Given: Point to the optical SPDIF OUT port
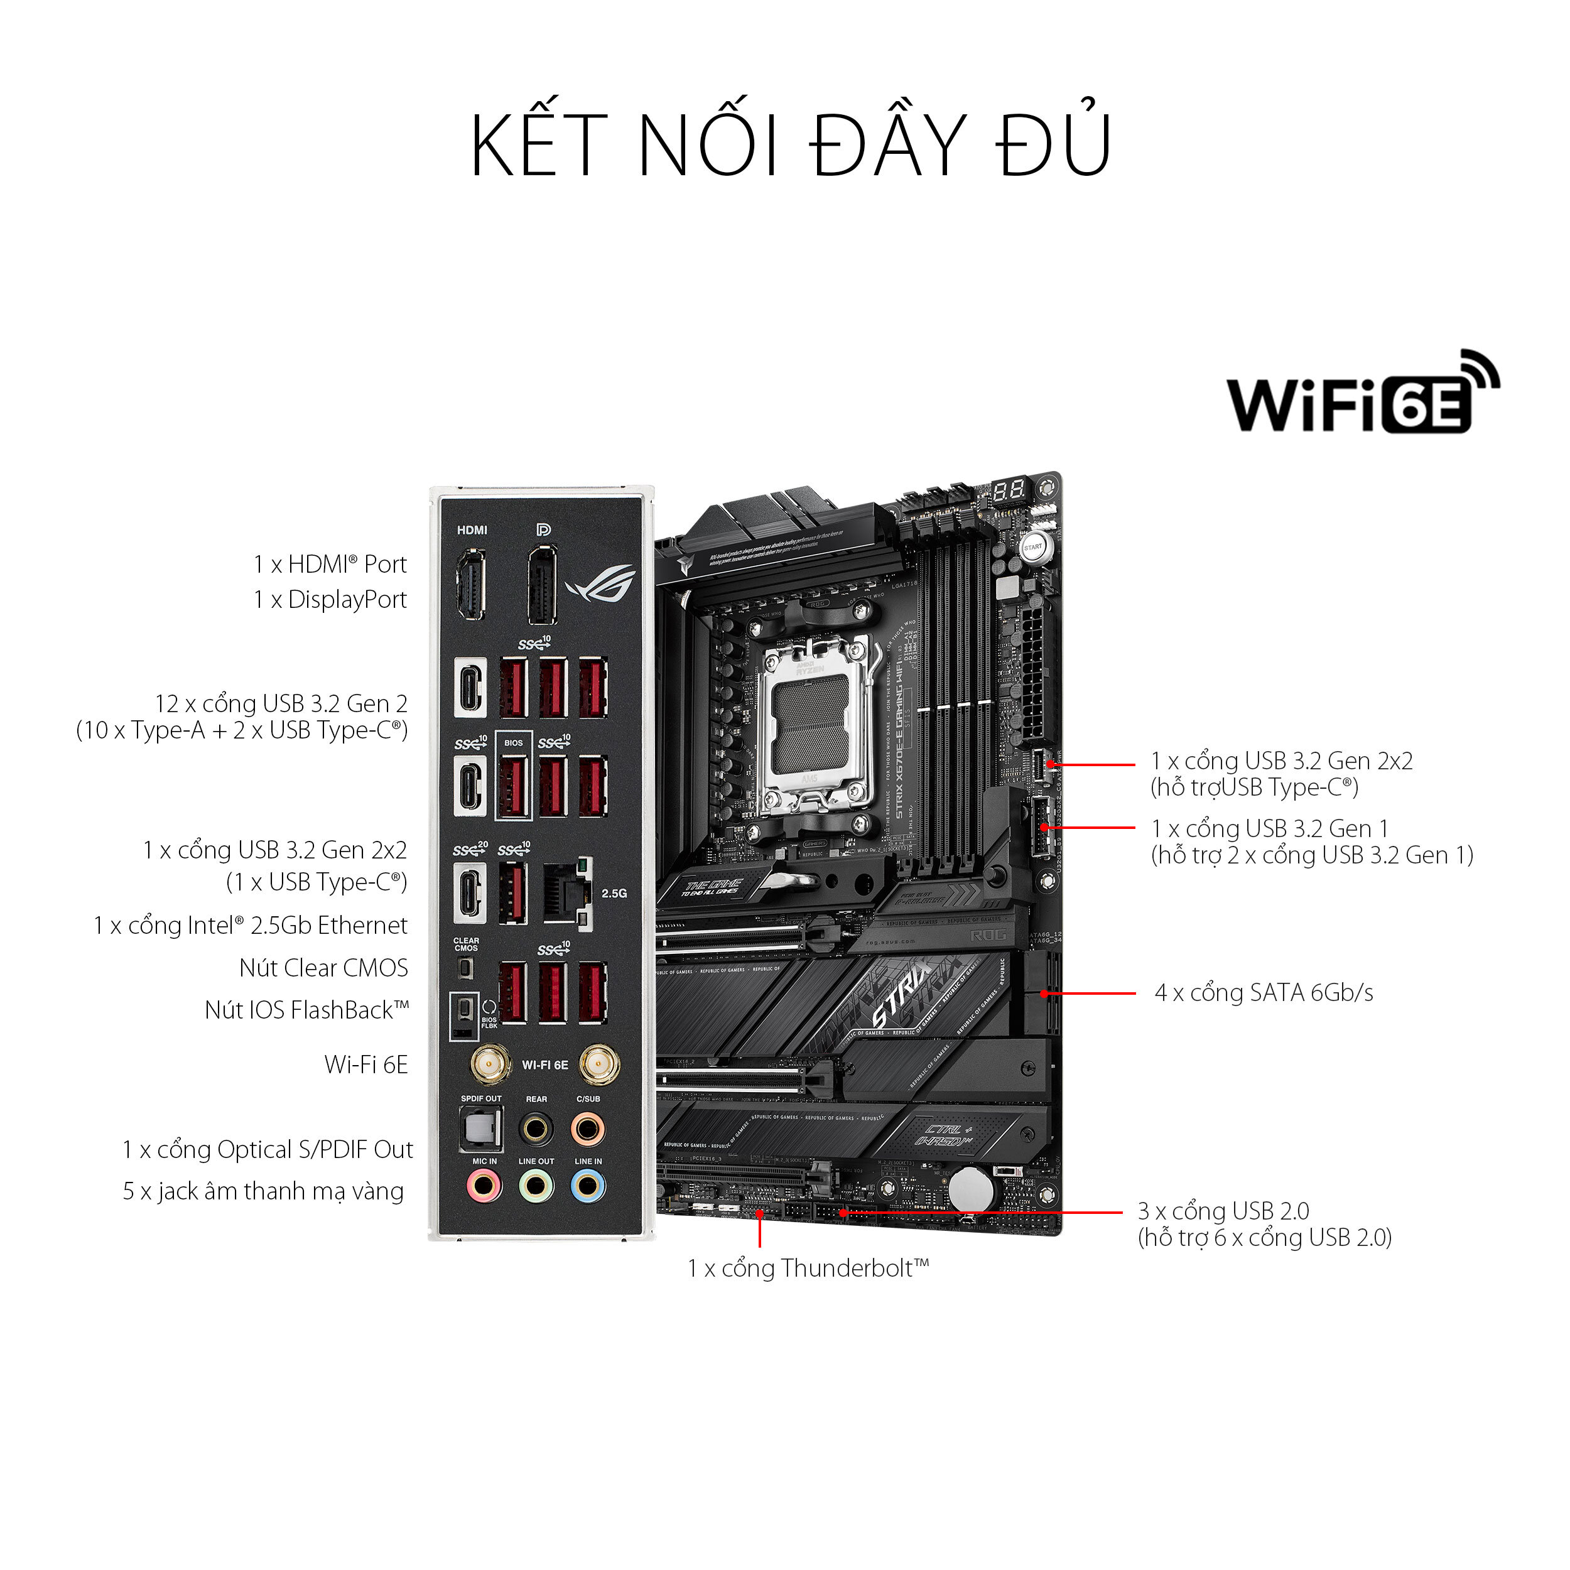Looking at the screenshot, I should (481, 1128).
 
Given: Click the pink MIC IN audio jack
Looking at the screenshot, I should (484, 1186).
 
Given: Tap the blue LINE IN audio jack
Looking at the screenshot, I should (588, 1186).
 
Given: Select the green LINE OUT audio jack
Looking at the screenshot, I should (536, 1186).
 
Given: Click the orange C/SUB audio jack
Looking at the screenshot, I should (588, 1129).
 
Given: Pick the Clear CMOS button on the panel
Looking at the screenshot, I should (465, 968).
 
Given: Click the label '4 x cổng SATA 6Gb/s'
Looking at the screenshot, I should (1264, 993).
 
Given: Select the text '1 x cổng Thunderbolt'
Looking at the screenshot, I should (808, 1269).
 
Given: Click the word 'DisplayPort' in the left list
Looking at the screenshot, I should (347, 600).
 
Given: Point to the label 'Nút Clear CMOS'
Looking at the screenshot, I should (323, 968).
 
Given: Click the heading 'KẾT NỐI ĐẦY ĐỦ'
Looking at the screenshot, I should (791, 146).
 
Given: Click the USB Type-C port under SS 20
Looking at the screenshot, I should (470, 893).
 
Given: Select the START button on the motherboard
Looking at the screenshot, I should (1033, 547).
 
